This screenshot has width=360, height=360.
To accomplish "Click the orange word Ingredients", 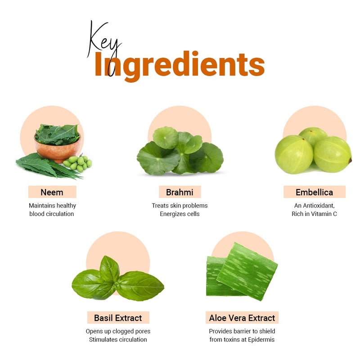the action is pos(180,65).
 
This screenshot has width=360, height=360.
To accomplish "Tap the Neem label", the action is pos(52,192).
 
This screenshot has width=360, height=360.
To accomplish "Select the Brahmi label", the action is pos(180,192).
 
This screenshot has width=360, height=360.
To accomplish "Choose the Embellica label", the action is pos(314,192).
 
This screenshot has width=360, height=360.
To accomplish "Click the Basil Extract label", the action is pos(118,318).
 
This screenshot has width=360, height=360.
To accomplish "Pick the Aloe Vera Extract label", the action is pos(242,318).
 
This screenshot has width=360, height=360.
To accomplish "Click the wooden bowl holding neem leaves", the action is pos(58,148).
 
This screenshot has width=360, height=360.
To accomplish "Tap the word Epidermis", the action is pos(261,340).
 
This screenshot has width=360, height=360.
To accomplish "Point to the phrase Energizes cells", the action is pos(180,214).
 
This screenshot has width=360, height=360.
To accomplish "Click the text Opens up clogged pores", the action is pos(118,331).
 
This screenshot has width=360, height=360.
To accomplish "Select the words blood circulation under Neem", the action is pos(52,214).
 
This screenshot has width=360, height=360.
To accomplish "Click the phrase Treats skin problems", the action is pos(180,206).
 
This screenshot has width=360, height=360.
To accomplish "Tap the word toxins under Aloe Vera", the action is pos(231,340).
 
